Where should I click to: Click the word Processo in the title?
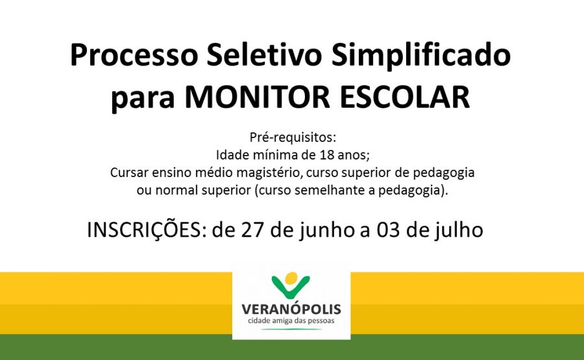point(134,55)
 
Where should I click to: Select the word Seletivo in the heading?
point(264,54)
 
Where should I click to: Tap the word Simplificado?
point(421,56)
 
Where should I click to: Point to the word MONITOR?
point(258,97)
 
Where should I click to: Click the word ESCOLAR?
point(405,97)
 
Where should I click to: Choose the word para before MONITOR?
point(143,99)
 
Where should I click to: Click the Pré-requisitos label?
point(293,138)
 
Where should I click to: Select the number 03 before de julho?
point(388,230)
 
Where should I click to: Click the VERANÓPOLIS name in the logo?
point(291,309)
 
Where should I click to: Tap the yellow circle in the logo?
point(291,278)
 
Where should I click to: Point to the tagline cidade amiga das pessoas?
point(291,321)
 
